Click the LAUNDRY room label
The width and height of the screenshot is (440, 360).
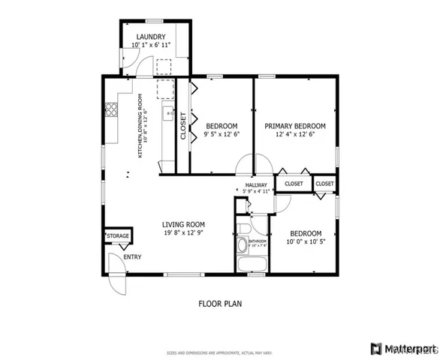tap(152, 36)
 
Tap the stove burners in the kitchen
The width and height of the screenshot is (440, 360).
tap(111, 110)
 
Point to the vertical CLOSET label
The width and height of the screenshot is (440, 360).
tap(182, 125)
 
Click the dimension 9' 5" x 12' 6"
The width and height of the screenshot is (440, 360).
tap(222, 135)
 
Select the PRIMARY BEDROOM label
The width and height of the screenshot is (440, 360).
tap(295, 126)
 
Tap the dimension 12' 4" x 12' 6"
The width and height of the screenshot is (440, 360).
tap(295, 135)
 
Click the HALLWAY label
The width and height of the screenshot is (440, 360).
tap(256, 184)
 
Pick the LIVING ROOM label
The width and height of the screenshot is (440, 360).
tap(184, 223)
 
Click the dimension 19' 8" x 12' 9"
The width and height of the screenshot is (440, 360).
tap(184, 233)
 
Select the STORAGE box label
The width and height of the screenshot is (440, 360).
tap(117, 236)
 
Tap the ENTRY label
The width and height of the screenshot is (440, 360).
tap(132, 257)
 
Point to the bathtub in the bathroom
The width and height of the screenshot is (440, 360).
tap(251, 265)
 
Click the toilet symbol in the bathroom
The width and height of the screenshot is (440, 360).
tap(243, 231)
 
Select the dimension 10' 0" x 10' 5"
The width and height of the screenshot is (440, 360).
tap(306, 242)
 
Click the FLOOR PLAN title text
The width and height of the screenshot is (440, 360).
tap(220, 304)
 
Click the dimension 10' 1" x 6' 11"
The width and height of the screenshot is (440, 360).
tap(152, 45)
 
